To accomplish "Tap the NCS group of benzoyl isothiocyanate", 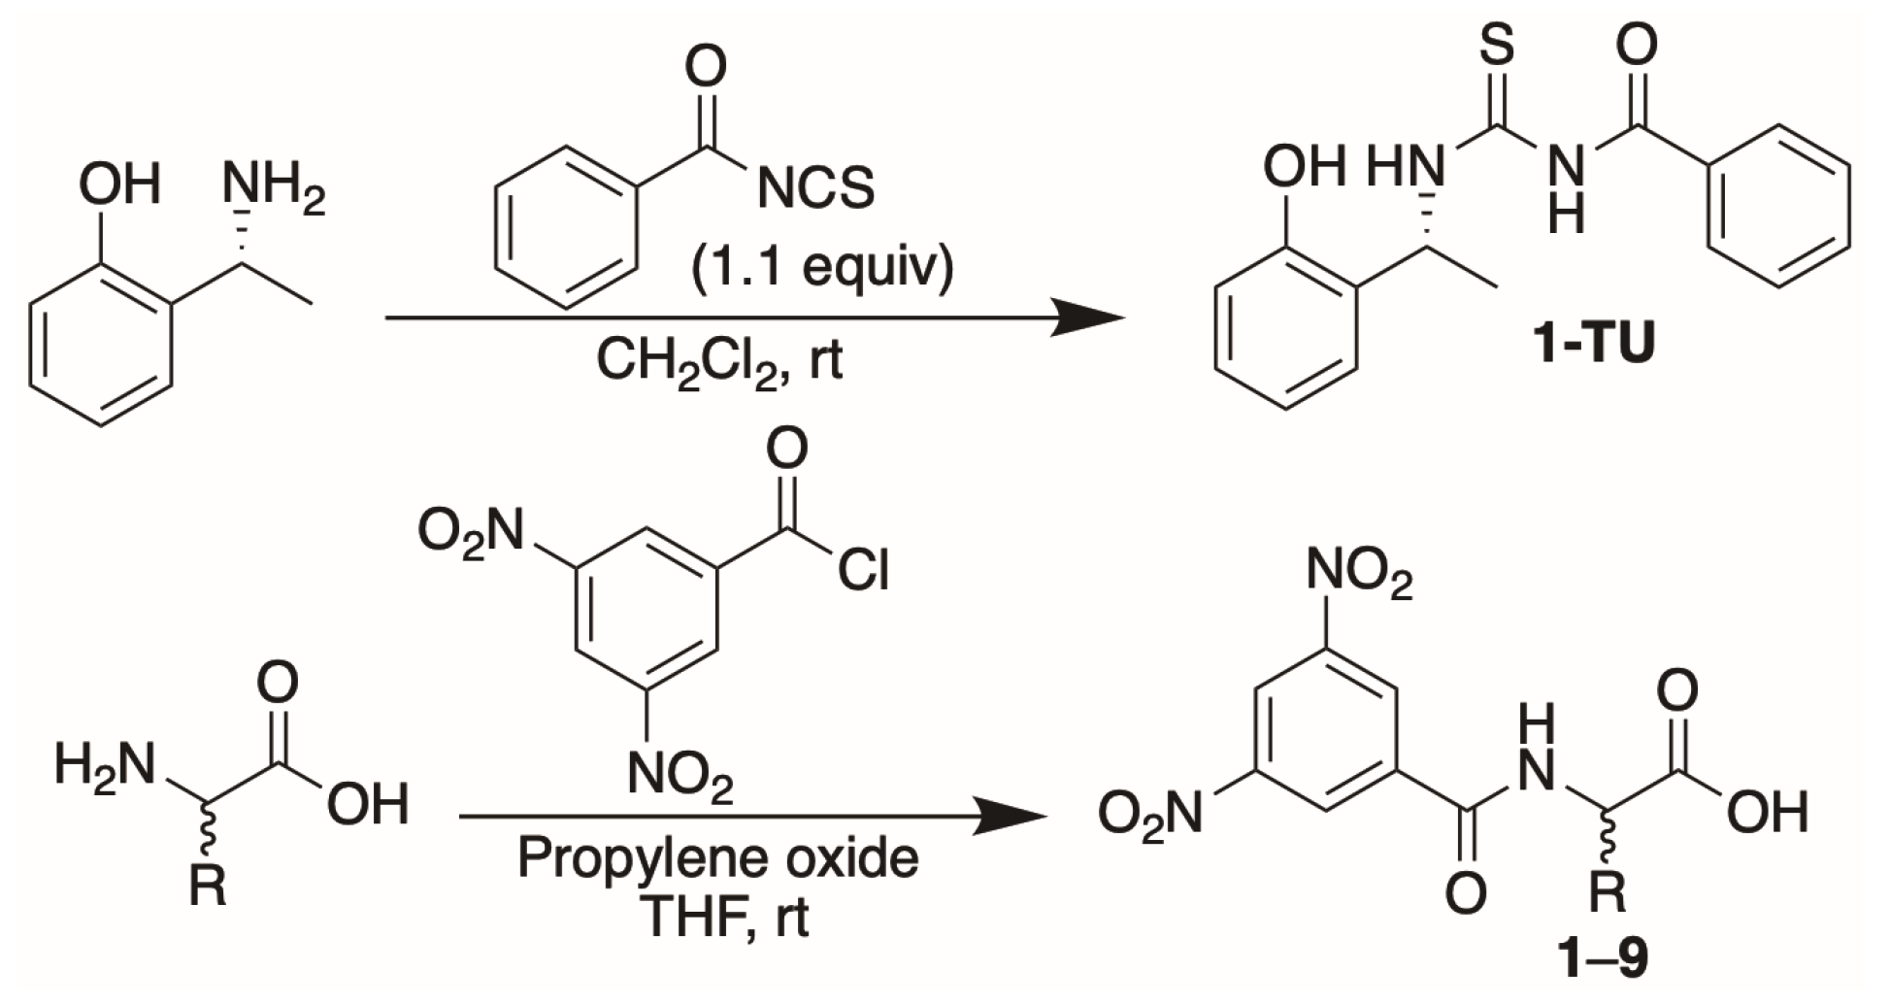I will pos(814,187).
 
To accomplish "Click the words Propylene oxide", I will pos(717,858).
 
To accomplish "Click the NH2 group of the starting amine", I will pos(273,186).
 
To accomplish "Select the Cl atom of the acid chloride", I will pos(863,571).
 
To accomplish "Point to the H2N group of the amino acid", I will pos(105,764).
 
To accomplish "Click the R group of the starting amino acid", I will pos(208,885).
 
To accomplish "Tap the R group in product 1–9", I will pos(1608,892).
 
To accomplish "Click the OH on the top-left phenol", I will pos(119,184).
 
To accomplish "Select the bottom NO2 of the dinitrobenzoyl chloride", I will pos(680,776).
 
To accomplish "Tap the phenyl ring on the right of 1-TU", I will pos(1778,205).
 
